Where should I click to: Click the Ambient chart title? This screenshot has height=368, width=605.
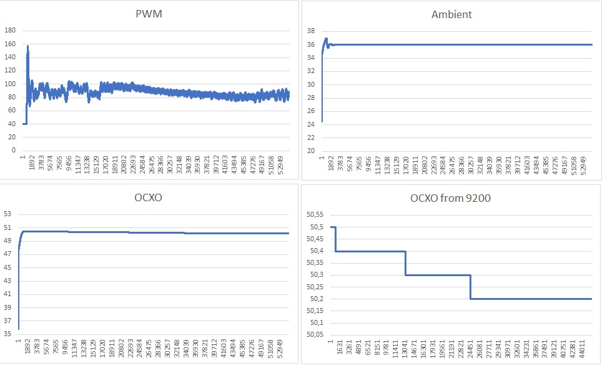point(451,14)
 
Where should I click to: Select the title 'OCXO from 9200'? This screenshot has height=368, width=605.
point(451,199)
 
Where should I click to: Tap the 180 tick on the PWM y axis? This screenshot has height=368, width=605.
point(9,30)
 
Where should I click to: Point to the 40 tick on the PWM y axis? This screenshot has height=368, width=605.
point(11,124)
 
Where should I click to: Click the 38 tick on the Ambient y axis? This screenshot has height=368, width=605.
point(309,31)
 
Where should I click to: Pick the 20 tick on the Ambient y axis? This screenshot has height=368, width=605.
point(309,151)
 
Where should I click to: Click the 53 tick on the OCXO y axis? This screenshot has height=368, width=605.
point(9,214)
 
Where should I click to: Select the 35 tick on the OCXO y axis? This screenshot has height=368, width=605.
point(9,334)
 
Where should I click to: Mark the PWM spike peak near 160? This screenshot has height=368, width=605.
point(27,46)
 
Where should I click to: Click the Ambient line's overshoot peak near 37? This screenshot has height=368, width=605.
point(326,39)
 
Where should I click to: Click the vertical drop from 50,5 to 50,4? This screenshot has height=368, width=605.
point(336,239)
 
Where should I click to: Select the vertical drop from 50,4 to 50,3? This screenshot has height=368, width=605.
point(406,263)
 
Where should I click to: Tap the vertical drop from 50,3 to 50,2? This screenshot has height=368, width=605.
point(471,287)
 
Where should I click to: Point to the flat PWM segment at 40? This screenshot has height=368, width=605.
point(24,124)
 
